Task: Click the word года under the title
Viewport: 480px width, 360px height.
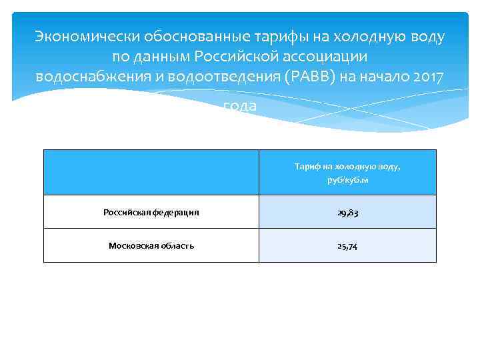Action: [239, 106]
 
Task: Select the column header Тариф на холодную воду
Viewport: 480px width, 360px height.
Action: [347, 166]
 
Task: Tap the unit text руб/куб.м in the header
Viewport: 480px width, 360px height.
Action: [347, 181]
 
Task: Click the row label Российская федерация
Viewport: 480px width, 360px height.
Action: [151, 213]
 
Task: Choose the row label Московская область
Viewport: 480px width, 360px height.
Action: [151, 245]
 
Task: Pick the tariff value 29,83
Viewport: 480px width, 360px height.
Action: [347, 213]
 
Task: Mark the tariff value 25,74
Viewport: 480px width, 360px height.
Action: [347, 245]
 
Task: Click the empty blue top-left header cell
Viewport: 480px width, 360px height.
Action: [151, 173]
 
